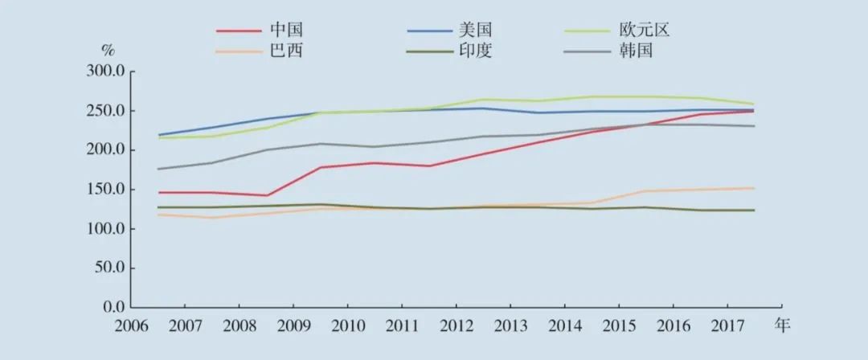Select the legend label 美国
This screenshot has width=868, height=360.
pos(475,31)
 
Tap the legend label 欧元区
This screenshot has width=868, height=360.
pos(645,31)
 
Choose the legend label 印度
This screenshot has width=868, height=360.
pos(475,51)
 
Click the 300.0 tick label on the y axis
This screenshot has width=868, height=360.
pos(105,72)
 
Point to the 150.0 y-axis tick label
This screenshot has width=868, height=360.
pos(105,190)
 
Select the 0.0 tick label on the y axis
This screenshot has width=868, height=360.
pos(113,308)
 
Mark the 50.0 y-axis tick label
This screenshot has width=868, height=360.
pos(108,268)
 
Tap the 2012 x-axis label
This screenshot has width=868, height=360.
pos(456,326)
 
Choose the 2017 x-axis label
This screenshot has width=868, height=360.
pos(727,326)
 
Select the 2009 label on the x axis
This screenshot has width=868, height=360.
pos(293,326)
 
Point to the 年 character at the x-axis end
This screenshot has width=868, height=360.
pos(782,325)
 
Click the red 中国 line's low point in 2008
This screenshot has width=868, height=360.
pos(266,195)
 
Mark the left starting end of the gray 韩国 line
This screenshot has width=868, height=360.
pos(158,169)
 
